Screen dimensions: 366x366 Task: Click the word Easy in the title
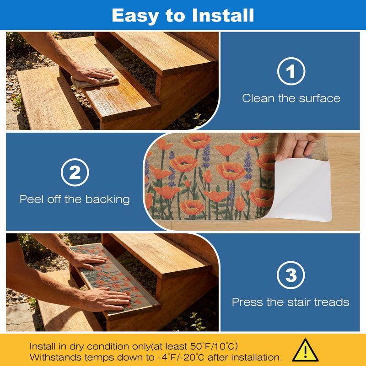135,16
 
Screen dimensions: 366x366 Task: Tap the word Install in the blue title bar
223,15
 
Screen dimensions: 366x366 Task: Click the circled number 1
291,71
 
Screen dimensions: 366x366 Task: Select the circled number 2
75,172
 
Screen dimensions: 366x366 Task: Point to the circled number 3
291,275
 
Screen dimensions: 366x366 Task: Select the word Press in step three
248,302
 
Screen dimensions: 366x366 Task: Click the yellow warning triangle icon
305,350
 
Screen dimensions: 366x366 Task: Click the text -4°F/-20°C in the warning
180,357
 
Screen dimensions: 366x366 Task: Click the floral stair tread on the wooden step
114,277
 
